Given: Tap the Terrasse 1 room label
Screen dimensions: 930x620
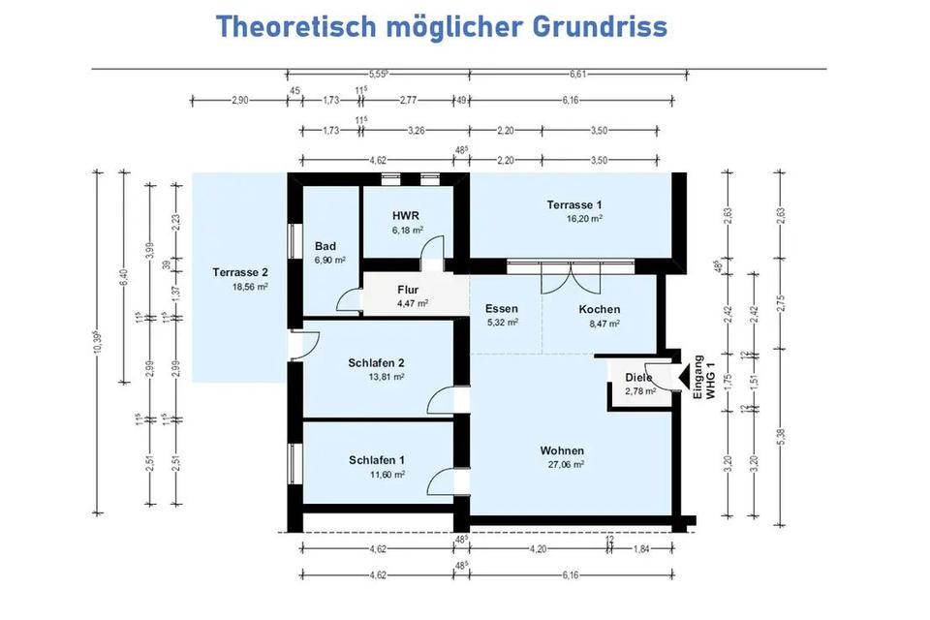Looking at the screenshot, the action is (x=574, y=204).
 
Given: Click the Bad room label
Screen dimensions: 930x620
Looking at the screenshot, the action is (x=325, y=246).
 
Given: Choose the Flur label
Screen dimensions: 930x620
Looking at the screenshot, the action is (x=408, y=289).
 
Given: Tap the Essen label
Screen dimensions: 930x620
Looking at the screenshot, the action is (x=502, y=309).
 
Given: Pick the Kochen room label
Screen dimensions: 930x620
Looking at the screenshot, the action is (x=599, y=309).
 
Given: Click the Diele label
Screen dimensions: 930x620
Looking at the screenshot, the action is (x=638, y=377).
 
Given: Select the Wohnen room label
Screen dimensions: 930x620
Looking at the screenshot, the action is (x=563, y=450).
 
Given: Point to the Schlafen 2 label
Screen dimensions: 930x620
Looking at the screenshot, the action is (x=376, y=362).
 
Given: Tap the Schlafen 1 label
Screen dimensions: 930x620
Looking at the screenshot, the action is (x=377, y=459).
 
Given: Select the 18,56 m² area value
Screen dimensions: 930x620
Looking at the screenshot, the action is (x=248, y=287).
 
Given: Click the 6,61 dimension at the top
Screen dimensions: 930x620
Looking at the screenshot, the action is (x=578, y=74).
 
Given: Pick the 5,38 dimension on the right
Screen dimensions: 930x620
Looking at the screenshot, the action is (x=781, y=437).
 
